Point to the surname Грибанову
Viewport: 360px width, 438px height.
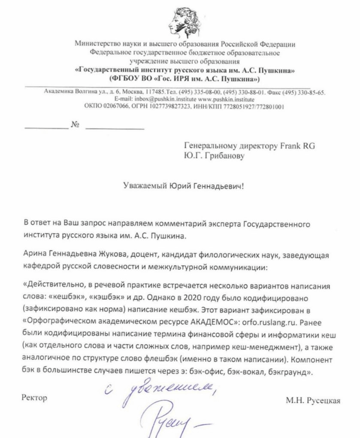pyautogui.click(x=223, y=156)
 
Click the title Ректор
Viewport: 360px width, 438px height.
pyautogui.click(x=34, y=398)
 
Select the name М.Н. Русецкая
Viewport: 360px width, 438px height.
pyautogui.click(x=313, y=400)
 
